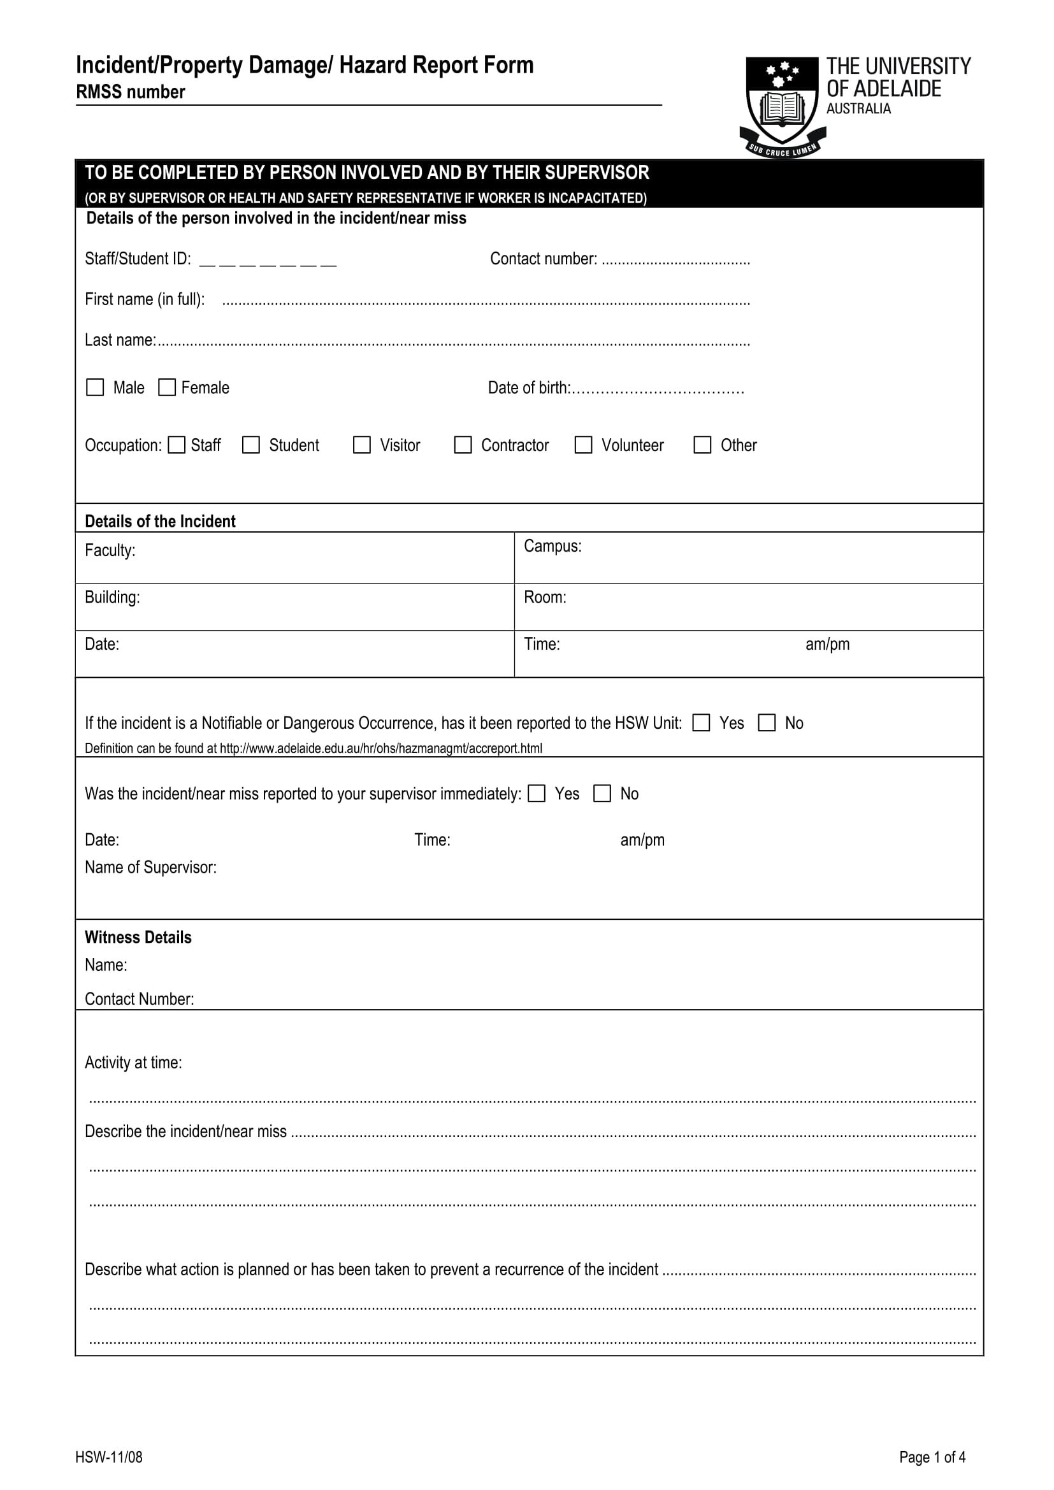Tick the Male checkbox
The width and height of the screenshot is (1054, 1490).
tap(95, 387)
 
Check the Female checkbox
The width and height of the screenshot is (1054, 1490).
tap(167, 387)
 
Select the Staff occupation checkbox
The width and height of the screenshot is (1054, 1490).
tap(176, 445)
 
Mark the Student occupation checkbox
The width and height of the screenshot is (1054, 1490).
tap(250, 445)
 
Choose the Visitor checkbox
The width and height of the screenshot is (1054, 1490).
tap(361, 445)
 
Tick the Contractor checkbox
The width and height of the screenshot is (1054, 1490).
tap(463, 445)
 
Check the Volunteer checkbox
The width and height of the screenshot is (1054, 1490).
tap(584, 445)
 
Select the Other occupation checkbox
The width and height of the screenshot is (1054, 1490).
tap(702, 445)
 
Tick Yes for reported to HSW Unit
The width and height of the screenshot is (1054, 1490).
tap(701, 723)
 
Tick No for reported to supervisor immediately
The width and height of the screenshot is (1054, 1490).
tap(602, 794)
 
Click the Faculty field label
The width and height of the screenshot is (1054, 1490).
tap(110, 551)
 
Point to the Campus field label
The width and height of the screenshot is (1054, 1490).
tap(552, 547)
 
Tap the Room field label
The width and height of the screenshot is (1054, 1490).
tap(544, 598)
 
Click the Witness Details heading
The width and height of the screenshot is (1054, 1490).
tap(138, 937)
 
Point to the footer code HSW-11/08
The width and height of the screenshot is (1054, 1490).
tap(108, 1457)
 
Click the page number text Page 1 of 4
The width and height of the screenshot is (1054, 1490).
tap(932, 1457)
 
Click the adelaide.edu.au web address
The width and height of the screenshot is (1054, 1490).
tap(381, 749)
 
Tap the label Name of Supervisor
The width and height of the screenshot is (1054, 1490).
tap(150, 868)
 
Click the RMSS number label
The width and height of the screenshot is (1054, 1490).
tap(131, 92)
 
